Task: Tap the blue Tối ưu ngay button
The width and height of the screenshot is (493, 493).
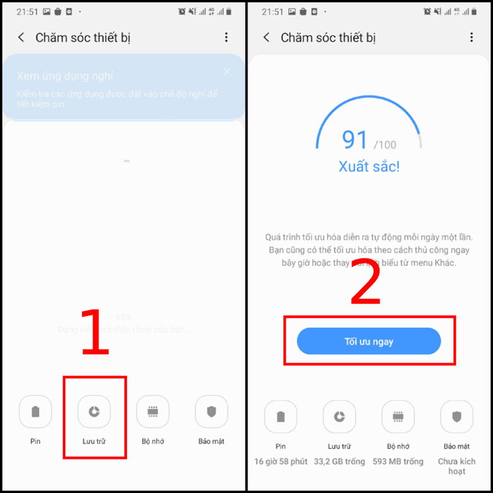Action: tap(368, 341)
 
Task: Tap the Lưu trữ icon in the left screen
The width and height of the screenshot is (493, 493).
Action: tap(94, 411)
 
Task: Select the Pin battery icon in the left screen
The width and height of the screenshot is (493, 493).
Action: tap(35, 411)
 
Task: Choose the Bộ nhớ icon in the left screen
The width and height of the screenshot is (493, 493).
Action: tap(152, 411)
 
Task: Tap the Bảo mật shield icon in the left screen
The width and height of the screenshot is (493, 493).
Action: tap(211, 411)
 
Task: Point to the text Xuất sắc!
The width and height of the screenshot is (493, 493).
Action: tap(368, 167)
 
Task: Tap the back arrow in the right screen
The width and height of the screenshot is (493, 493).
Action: tap(266, 38)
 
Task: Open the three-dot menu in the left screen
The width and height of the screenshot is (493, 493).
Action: tap(226, 38)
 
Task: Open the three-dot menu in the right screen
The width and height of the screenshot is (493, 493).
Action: tap(472, 38)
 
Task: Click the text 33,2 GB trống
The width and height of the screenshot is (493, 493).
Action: tap(339, 461)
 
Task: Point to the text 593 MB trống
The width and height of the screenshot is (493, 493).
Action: tap(398, 461)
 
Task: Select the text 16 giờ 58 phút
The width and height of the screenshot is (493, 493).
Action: tap(281, 461)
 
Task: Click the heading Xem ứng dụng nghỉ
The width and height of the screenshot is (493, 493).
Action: tap(65, 76)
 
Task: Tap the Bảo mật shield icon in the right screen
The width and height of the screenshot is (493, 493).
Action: tap(456, 417)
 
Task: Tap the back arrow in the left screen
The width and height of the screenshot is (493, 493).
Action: tap(21, 38)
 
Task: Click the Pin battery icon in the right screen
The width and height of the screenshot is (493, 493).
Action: tap(281, 417)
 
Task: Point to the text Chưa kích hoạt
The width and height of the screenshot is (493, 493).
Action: tap(456, 466)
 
